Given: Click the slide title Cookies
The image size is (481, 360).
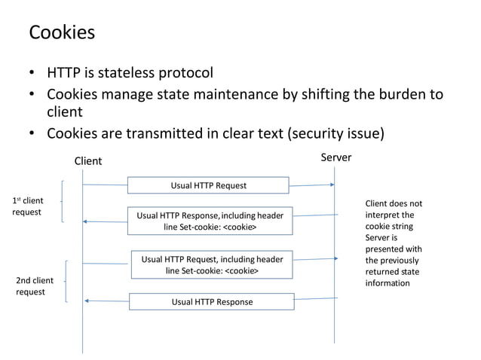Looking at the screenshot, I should (x=62, y=32).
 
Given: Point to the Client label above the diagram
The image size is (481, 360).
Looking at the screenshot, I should (x=87, y=161).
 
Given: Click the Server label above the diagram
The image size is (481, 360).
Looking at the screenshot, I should (x=335, y=157).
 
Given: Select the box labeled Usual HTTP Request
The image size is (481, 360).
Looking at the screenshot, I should (x=207, y=185).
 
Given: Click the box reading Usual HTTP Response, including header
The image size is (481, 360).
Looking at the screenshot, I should (x=210, y=221).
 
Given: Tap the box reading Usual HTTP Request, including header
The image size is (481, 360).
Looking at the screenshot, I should (x=212, y=264).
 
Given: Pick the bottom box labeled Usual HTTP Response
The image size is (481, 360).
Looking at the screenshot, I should (x=211, y=302).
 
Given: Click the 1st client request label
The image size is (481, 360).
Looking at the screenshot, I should (x=29, y=206).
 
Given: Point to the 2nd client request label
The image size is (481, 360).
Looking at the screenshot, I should (x=35, y=286).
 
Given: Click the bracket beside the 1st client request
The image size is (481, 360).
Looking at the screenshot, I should (x=62, y=201).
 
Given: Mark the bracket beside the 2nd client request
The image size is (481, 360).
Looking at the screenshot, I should (x=67, y=281).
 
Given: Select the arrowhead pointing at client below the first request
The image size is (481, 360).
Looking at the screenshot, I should (x=86, y=221).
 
